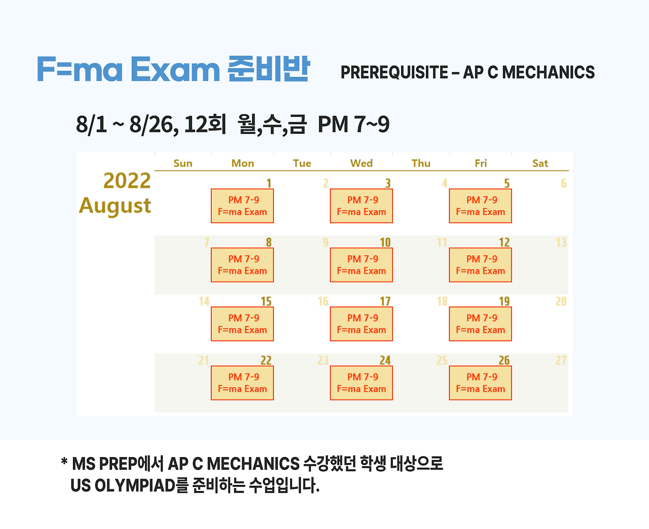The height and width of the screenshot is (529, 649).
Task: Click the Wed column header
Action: pyautogui.click(x=361, y=163)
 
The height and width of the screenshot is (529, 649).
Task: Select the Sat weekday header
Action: pyautogui.click(x=540, y=163)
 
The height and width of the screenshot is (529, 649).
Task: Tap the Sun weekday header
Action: pyautogui.click(x=183, y=163)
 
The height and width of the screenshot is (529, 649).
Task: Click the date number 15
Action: pyautogui.click(x=266, y=301)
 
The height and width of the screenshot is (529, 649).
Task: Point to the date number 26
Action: pyautogui.click(x=504, y=360)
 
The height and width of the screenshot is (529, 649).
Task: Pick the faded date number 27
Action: pyautogui.click(x=561, y=360)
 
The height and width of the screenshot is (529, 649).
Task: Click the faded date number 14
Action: pyautogui.click(x=204, y=301)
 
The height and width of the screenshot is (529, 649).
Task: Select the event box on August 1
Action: pyautogui.click(x=242, y=206)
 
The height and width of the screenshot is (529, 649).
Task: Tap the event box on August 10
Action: pyautogui.click(x=362, y=265)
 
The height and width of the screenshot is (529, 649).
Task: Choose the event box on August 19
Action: pyautogui.click(x=481, y=324)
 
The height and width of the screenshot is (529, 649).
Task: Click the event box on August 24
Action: pyautogui.click(x=362, y=383)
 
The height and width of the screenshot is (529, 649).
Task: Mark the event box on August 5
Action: pyautogui.click(x=481, y=206)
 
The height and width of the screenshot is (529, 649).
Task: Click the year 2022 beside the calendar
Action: pyautogui.click(x=127, y=181)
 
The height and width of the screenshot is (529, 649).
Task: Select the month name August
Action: pyautogui.click(x=115, y=206)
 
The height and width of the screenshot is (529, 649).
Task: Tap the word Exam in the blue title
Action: pyautogui.click(x=175, y=69)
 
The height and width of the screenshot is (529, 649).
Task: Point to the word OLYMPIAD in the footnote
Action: pyautogui.click(x=134, y=485)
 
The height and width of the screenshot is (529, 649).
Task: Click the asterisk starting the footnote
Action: pyautogui.click(x=64, y=462)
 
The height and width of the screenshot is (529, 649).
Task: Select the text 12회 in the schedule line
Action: pyautogui.click(x=205, y=124)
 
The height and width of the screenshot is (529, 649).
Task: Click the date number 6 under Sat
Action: pyautogui.click(x=563, y=183)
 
